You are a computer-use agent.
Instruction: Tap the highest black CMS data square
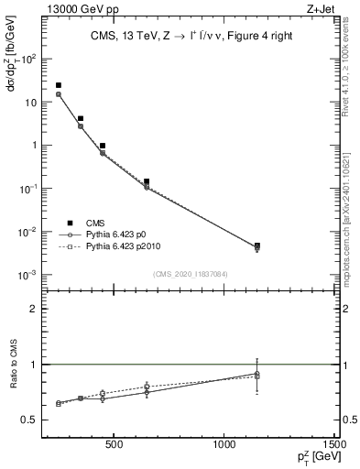click(x=59, y=85)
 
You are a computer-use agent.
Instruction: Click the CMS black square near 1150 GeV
click(x=257, y=245)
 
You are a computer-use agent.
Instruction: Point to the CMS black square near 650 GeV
click(x=147, y=181)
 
